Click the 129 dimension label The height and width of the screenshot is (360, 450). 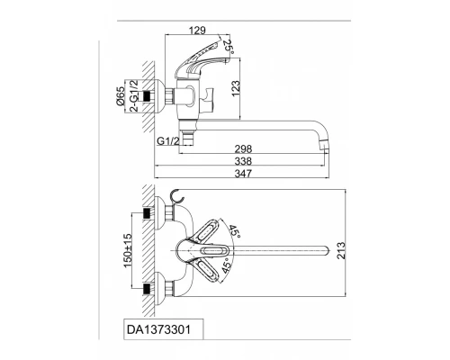(x=197, y=31)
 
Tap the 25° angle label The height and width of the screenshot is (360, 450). (x=229, y=47)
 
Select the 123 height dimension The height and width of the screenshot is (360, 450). (x=236, y=88)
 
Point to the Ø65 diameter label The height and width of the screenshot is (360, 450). (x=120, y=95)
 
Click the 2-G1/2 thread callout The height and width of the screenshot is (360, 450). (x=134, y=95)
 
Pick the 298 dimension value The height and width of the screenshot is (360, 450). (x=243, y=148)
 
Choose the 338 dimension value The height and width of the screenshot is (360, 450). (x=243, y=161)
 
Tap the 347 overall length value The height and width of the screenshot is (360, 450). (x=243, y=174)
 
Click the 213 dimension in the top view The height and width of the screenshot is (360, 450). (x=341, y=250)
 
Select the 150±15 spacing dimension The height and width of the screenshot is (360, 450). (x=128, y=250)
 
